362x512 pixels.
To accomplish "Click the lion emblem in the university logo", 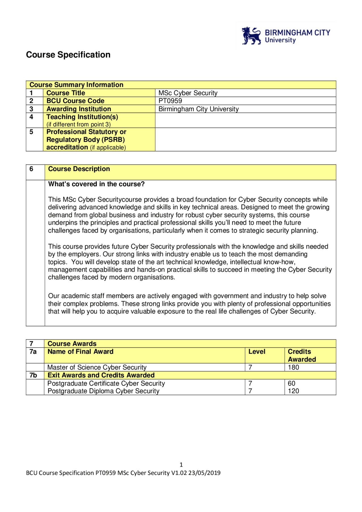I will tap(251, 36).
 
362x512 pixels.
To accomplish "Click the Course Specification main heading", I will tap(68, 55).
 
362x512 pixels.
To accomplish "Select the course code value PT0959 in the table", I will tap(170, 101).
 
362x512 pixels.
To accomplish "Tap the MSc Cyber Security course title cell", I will tap(188, 93).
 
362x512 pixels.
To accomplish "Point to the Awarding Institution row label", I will tap(79, 109).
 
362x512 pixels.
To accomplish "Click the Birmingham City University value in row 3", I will tap(199, 109).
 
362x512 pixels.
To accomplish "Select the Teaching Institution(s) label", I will tap(82, 117).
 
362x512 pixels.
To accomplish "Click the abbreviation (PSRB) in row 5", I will tap(113, 140).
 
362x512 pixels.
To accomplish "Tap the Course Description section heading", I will tap(79, 169).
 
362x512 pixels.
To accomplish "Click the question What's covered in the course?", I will tap(96, 184).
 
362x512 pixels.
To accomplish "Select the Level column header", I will tap(257, 352).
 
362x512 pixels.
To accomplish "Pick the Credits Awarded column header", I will tap(301, 355).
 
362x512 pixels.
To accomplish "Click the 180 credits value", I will tap(293, 368).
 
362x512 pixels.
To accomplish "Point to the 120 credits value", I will tap(293, 391).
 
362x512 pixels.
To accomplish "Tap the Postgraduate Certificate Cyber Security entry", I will tap(106, 383).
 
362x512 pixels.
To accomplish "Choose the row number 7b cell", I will tap(33, 375).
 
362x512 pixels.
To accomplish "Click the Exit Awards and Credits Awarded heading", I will tap(101, 375).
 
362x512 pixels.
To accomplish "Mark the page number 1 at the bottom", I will tap(181, 465).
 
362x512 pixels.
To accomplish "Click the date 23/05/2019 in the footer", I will tap(204, 473).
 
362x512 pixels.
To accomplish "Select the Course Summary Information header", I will tap(76, 85).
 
